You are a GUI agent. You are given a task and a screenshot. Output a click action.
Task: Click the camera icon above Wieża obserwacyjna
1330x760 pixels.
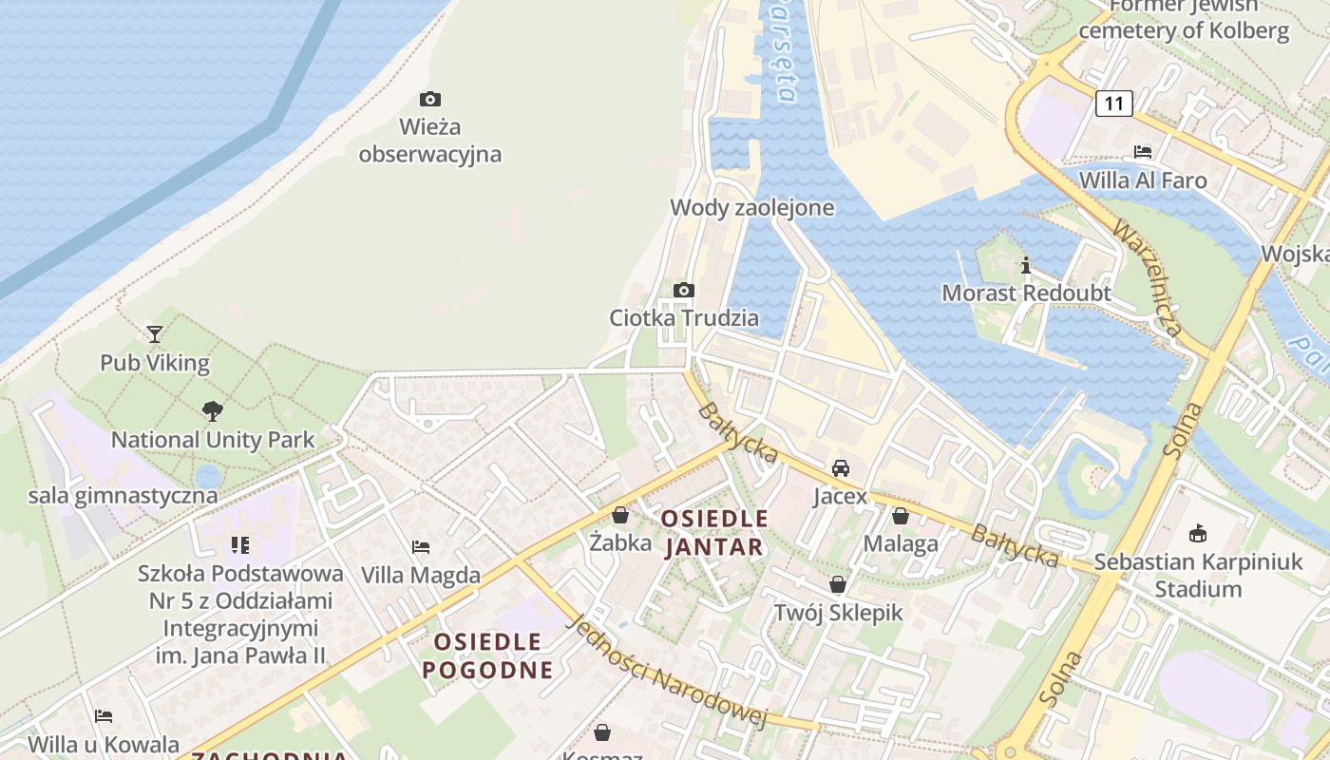(x=430, y=99)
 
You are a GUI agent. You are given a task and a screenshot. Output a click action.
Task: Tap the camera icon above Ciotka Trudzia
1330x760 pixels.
(x=683, y=290)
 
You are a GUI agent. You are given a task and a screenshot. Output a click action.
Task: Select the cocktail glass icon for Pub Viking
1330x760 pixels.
(x=155, y=334)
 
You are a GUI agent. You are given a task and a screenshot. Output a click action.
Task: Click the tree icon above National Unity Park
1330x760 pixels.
(x=213, y=411)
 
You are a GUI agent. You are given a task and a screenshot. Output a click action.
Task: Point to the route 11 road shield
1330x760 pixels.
(x=1114, y=103)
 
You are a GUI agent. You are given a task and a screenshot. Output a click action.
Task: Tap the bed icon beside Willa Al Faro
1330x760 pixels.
(x=1143, y=152)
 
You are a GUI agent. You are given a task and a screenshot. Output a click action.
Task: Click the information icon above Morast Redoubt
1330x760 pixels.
(x=1025, y=265)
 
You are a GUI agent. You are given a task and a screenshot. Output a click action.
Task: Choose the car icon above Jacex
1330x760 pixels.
(x=841, y=468)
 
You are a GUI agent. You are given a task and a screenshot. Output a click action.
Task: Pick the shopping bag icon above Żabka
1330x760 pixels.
(x=620, y=515)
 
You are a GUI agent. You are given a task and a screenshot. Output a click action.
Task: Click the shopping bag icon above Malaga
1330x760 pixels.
(x=901, y=516)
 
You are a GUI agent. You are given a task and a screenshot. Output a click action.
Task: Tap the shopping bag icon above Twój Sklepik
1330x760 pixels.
(x=838, y=584)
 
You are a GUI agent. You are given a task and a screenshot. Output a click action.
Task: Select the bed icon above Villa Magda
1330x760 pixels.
(x=421, y=547)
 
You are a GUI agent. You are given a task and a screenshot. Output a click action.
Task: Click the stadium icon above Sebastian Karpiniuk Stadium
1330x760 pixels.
(x=1198, y=533)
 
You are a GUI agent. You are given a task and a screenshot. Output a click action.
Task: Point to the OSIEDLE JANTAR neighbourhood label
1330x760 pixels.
(x=714, y=533)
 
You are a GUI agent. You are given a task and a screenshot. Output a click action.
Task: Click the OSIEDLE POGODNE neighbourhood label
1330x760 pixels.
(x=487, y=655)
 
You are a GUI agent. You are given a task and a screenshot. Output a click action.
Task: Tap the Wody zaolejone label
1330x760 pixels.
(x=751, y=207)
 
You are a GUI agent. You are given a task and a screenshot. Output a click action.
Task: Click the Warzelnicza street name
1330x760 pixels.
(x=1148, y=278)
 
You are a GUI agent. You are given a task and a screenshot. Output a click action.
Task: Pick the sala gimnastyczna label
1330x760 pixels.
(x=123, y=495)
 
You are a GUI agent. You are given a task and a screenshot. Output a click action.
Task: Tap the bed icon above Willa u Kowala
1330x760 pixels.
(x=104, y=715)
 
